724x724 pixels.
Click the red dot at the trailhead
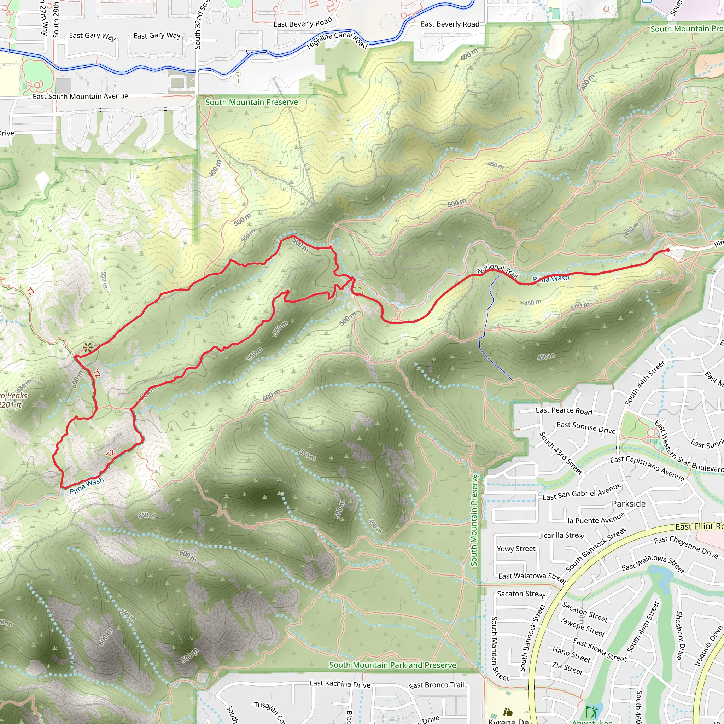tap(668, 250)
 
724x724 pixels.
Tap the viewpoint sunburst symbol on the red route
tap(88, 347)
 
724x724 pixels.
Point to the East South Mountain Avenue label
tap(80, 96)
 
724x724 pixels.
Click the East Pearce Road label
tap(564, 411)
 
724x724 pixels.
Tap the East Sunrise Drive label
tap(586, 428)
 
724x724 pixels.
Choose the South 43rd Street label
tap(561, 453)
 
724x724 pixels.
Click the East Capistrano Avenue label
tap(647, 468)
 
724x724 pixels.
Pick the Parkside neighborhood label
tap(629, 504)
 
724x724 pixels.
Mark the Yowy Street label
tap(516, 549)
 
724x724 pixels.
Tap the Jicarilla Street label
tap(562, 536)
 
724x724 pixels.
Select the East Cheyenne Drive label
tap(686, 547)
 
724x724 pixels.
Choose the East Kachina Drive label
tap(339, 684)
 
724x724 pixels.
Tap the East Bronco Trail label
tap(436, 685)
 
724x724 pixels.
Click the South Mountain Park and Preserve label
tap(392, 665)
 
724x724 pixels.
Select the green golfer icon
tap(591, 711)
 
